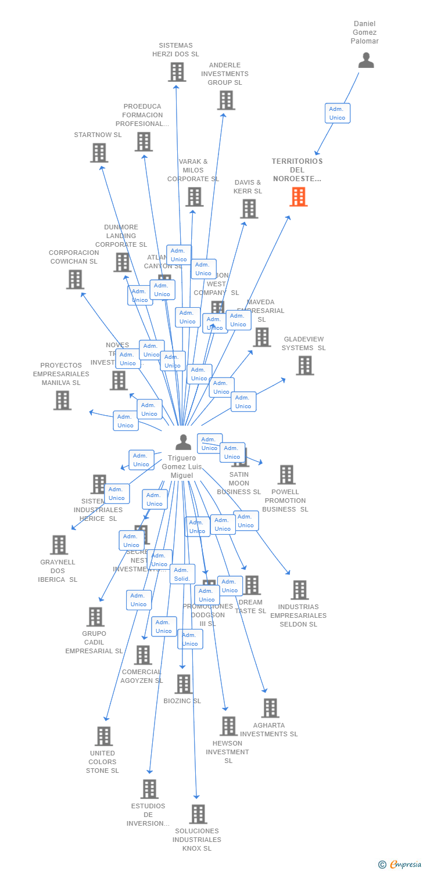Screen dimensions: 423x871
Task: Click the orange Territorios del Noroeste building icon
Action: click(x=298, y=197)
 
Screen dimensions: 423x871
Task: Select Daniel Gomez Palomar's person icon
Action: click(x=366, y=60)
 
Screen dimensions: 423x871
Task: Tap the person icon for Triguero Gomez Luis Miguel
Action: click(x=183, y=442)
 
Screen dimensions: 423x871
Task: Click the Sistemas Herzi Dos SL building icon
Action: click(x=177, y=72)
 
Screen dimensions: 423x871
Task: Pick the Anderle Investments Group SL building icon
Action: click(x=226, y=100)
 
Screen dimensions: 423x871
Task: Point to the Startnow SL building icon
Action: click(x=99, y=153)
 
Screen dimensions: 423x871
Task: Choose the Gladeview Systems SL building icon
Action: click(x=305, y=365)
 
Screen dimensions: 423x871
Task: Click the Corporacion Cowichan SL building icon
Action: click(x=75, y=279)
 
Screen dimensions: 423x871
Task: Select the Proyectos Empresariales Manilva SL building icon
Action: click(x=62, y=400)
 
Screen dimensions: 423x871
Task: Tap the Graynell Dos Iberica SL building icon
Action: click(x=59, y=545)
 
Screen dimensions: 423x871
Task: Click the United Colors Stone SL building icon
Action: click(x=103, y=736)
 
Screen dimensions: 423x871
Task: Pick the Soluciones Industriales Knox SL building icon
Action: click(x=198, y=814)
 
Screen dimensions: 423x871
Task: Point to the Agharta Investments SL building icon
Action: click(x=270, y=708)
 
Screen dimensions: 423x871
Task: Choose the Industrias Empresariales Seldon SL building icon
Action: click(x=299, y=590)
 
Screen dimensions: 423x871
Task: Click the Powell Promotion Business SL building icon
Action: click(x=286, y=474)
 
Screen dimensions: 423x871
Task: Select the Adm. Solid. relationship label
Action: click(x=182, y=574)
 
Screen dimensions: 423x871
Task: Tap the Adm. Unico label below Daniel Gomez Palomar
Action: click(x=337, y=113)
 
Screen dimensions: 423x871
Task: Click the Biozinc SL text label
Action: click(x=182, y=701)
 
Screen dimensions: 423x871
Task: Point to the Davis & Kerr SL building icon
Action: click(x=249, y=208)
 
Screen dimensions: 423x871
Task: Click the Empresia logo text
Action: click(x=404, y=865)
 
